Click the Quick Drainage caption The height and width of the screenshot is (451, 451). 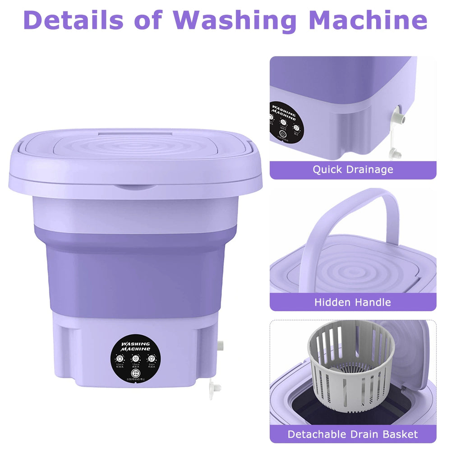click(353, 170)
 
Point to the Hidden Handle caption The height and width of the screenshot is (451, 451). click(353, 302)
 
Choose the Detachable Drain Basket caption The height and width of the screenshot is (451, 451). click(353, 435)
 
